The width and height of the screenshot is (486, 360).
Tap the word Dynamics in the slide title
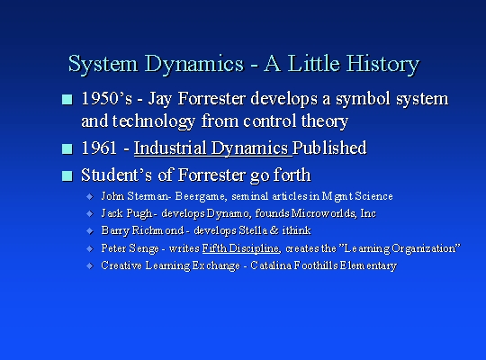pos(194,65)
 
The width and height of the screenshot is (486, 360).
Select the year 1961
pos(99,148)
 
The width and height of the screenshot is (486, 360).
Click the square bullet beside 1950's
pos(67,100)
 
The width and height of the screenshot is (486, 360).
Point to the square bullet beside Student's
pos(67,175)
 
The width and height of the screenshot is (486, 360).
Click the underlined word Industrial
pos(170,148)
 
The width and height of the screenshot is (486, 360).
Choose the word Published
pos(329,148)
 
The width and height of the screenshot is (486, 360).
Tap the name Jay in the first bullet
pos(160,100)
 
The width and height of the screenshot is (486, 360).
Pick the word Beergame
pos(201,196)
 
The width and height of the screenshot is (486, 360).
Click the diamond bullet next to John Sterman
pos(90,196)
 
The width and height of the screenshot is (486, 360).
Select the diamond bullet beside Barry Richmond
pos(90,231)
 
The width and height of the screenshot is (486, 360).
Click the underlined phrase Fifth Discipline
pos(241,248)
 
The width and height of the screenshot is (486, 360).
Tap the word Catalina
pos(271,265)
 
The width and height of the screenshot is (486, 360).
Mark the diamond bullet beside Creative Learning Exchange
pos(90,266)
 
